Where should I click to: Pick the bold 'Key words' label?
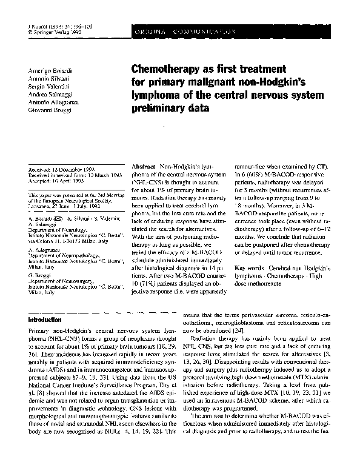pyautogui.click(x=248, y=267)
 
